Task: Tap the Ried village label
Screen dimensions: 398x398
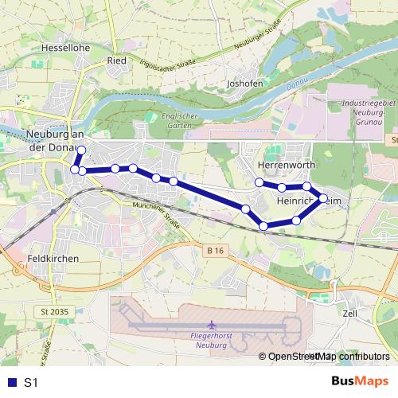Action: [118, 60]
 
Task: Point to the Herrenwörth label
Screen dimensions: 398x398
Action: [287, 165]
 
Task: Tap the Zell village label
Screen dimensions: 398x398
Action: [350, 314]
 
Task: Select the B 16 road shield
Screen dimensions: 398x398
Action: [212, 251]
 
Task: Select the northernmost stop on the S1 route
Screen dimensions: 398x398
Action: [81, 150]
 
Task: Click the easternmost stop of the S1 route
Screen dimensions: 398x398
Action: [323, 198]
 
